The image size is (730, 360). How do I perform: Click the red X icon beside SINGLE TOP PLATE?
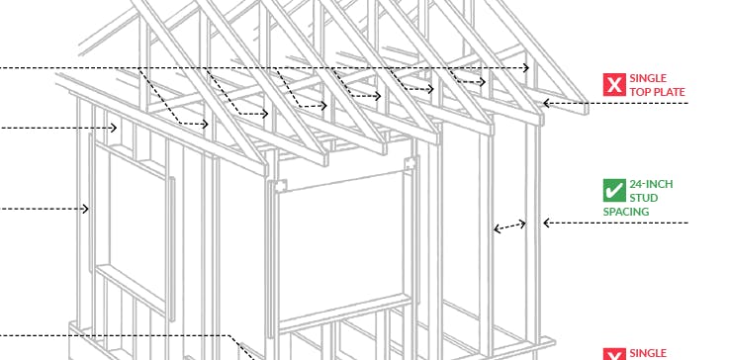614,85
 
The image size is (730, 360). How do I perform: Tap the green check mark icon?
614,190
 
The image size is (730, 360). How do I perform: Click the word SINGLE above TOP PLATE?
648,78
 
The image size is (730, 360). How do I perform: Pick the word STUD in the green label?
644,198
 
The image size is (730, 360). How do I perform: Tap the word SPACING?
626,212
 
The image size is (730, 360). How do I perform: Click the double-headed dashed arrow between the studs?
509,226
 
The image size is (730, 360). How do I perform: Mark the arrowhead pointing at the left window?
87,209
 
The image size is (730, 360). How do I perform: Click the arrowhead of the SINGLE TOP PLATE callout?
545,103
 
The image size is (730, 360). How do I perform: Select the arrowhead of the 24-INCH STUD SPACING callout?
546,224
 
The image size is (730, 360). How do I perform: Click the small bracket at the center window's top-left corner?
281,185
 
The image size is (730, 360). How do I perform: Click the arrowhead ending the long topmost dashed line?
527,67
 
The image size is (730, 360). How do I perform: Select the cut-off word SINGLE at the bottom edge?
648,354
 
